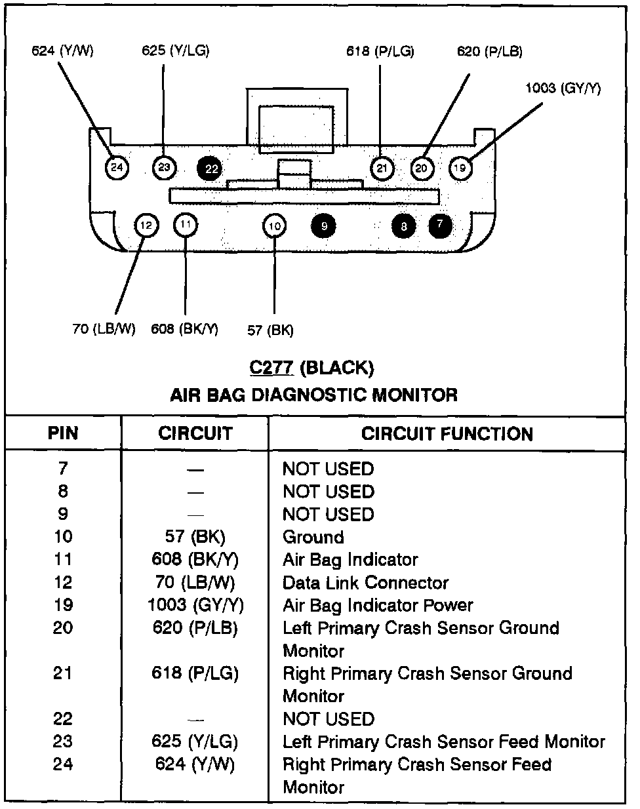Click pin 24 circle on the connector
tap(117, 168)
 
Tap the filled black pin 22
tap(211, 168)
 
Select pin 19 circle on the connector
tap(460, 168)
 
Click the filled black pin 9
tap(324, 226)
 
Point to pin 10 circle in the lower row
tap(275, 226)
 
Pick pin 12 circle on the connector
tap(146, 226)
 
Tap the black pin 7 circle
tap(440, 225)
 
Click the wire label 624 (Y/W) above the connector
tap(62, 50)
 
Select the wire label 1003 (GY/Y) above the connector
tap(563, 88)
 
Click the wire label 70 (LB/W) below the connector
tap(104, 328)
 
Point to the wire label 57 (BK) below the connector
tap(270, 330)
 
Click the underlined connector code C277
tap(271, 368)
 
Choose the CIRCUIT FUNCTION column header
tap(447, 433)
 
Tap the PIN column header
tap(63, 433)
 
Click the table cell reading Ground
tap(313, 537)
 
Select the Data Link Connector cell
tap(365, 582)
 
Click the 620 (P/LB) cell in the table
tap(195, 627)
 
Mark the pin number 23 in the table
tap(63, 741)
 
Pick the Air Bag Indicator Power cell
tap(378, 605)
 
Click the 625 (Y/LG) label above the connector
tap(175, 50)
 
